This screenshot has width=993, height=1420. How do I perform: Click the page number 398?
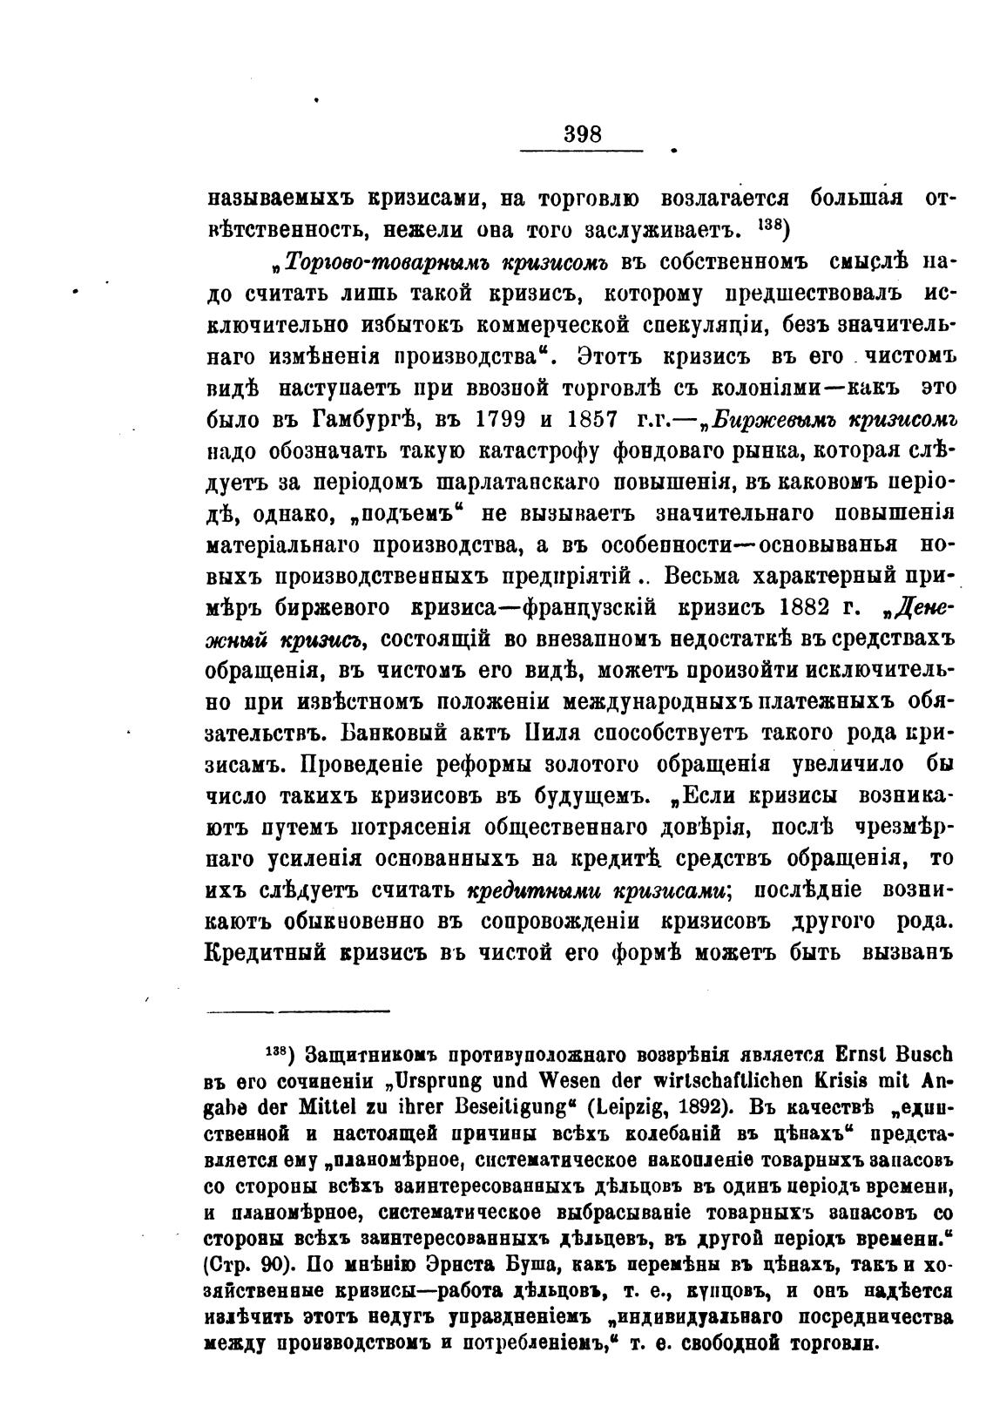[583, 134]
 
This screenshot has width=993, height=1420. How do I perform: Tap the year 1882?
[810, 607]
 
